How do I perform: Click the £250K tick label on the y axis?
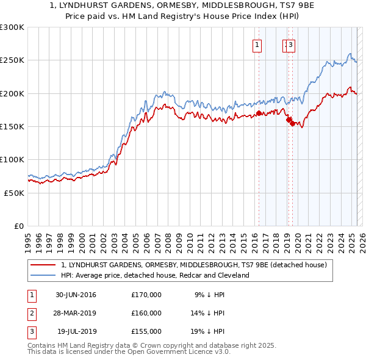(12, 60)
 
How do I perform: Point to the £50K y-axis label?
(14, 193)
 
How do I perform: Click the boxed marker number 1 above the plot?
(257, 44)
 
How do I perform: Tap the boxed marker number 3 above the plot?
(291, 44)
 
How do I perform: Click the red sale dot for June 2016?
(259, 113)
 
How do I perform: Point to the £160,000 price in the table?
(146, 314)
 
